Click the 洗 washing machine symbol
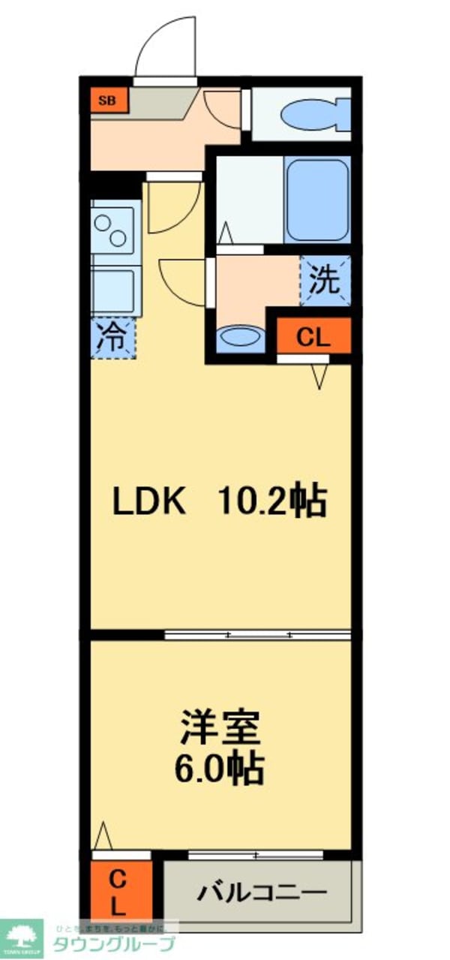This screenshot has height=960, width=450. coord(325,281)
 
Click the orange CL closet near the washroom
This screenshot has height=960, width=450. coord(313,337)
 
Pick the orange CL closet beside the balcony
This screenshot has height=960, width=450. coord(117,892)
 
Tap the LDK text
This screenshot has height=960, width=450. coord(149,501)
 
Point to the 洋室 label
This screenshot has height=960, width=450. coord(219,727)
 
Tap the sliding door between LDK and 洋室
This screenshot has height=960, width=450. coord(257,635)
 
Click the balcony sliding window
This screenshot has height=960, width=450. coord(256,855)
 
